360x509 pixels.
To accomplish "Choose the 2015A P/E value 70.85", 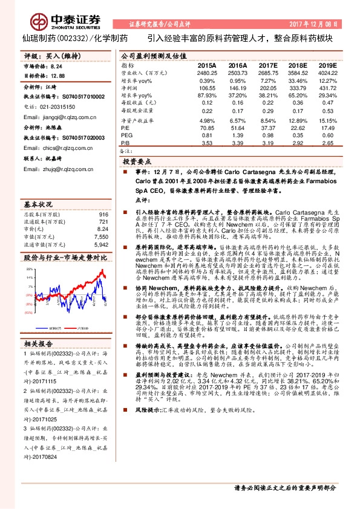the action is (207, 128).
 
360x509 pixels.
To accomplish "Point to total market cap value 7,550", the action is (101, 237).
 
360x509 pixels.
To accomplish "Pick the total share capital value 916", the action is (103, 215).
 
